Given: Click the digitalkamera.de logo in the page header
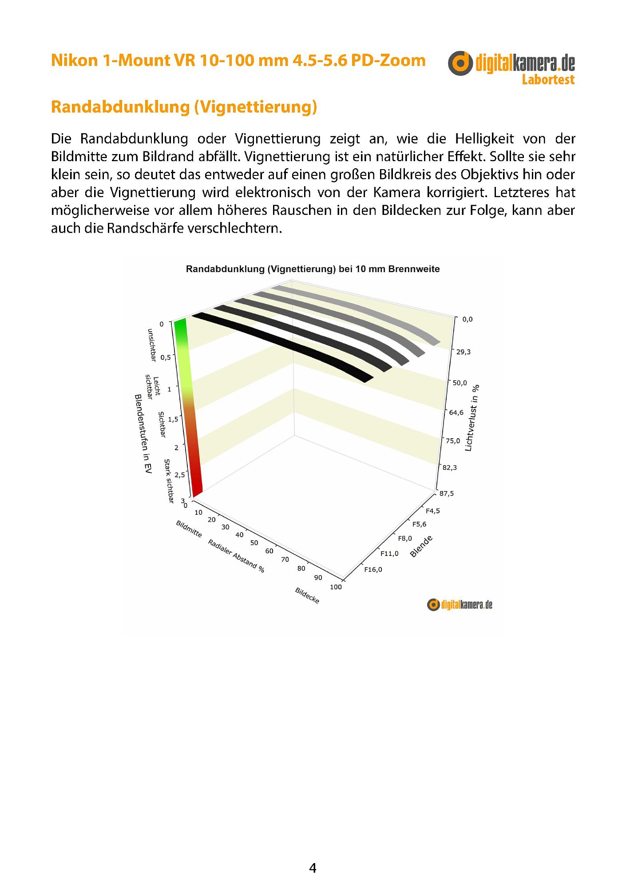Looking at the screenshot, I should click(511, 67).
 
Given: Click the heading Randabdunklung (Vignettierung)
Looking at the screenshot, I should click(184, 107).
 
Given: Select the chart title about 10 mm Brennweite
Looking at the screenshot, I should click(313, 269).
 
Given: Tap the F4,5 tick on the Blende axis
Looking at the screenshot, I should click(432, 511).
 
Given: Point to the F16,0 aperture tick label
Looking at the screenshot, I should click(373, 570).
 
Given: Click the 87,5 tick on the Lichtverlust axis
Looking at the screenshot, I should click(447, 493).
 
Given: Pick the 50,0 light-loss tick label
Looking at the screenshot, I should click(460, 383).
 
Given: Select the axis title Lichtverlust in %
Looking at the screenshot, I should click(472, 418).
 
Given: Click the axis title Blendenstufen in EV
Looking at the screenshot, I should click(143, 434).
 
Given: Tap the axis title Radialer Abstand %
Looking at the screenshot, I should click(236, 556).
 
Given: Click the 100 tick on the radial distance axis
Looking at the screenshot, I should click(336, 587).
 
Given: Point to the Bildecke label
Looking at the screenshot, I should click(307, 595).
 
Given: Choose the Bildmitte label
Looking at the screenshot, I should click(189, 528).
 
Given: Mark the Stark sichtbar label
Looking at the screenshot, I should click(169, 481).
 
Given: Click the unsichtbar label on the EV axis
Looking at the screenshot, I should click(151, 345).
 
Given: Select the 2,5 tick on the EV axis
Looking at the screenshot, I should click(179, 475).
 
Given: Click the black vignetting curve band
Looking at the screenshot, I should click(284, 344).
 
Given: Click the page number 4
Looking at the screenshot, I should click(313, 868).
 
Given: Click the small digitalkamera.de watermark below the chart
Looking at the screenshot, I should click(460, 605).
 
